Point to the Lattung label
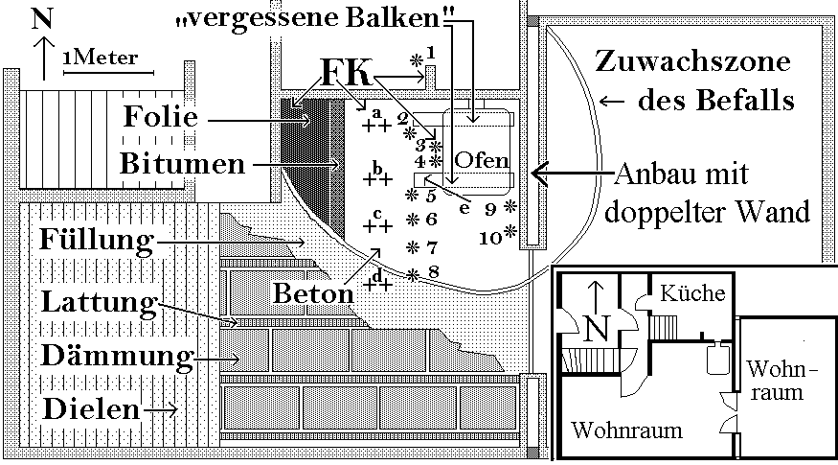99,304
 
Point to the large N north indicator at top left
42,20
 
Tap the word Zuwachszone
692,63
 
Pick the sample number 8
434,272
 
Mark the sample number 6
432,219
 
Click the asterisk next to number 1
416,59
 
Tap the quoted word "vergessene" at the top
250,21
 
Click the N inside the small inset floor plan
596,328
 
